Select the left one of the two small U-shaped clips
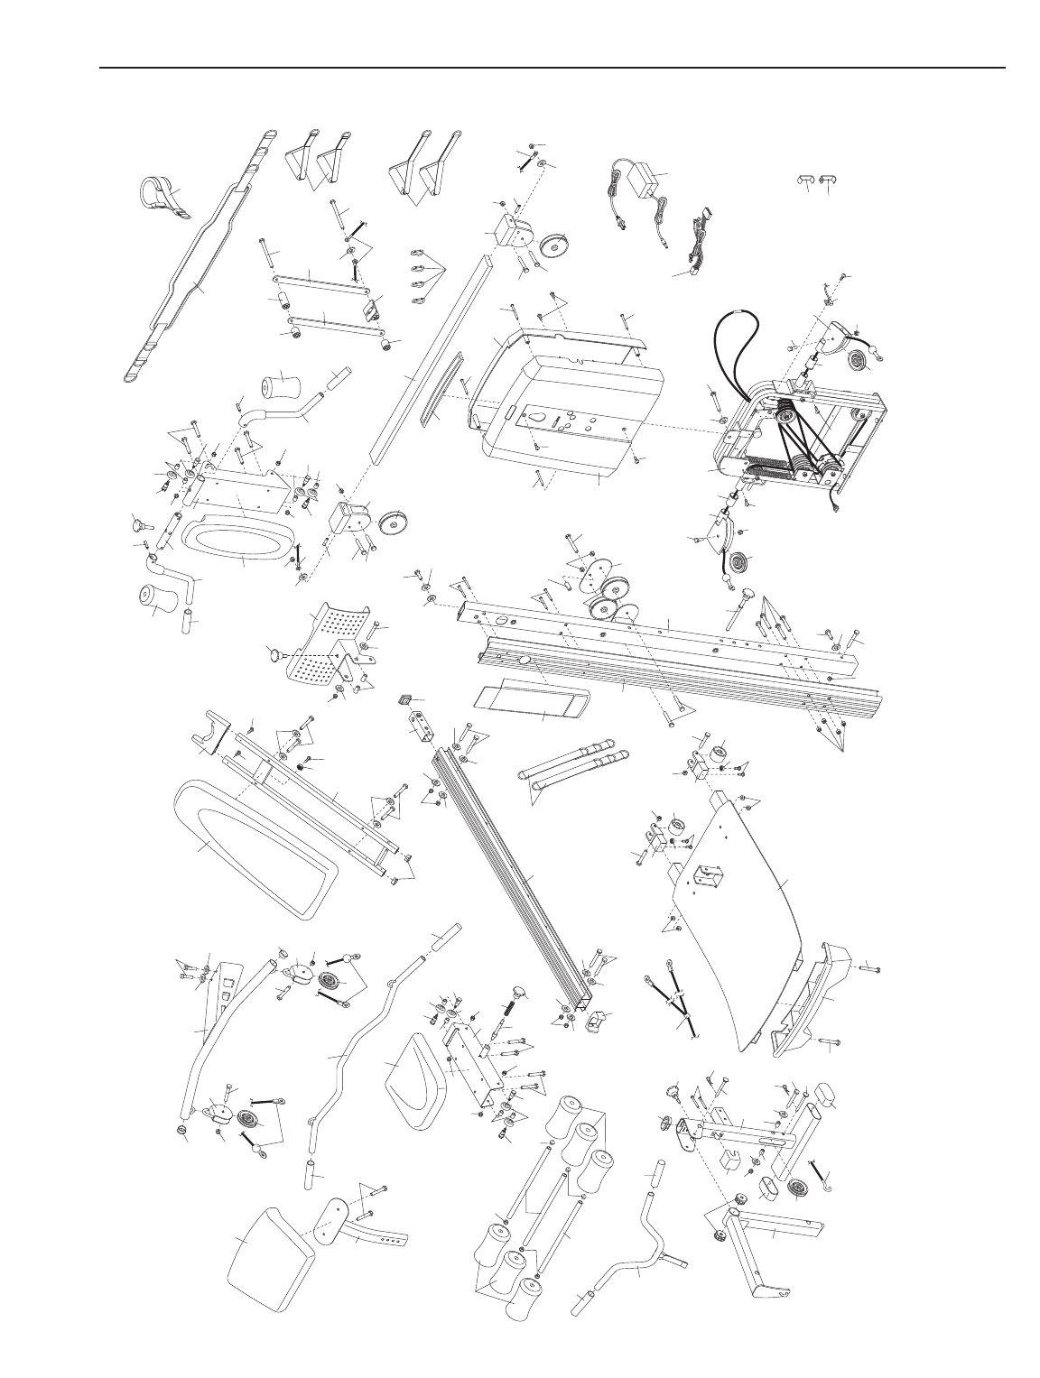(x=802, y=180)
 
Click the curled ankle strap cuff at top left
(x=162, y=197)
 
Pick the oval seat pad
(x=238, y=541)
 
